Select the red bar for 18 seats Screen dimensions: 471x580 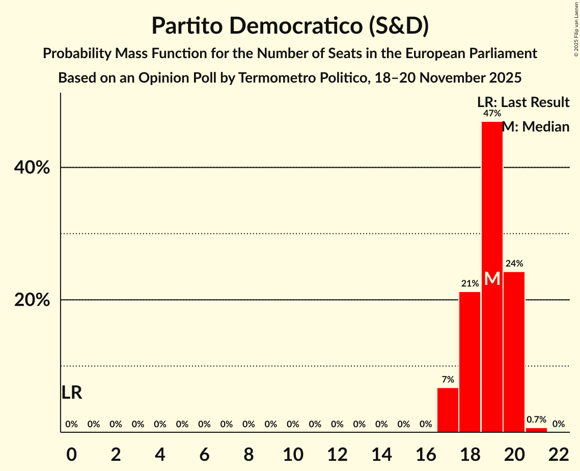click(x=469, y=362)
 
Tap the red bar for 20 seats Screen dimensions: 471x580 click(x=514, y=352)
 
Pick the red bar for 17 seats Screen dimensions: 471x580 click(x=448, y=410)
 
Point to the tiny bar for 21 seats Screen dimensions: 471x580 click(x=536, y=430)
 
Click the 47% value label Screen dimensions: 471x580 click(x=492, y=113)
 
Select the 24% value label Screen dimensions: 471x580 click(x=514, y=264)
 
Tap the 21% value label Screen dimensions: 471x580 click(x=469, y=283)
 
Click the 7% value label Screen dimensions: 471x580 click(x=448, y=379)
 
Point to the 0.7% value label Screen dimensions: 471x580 click(x=536, y=420)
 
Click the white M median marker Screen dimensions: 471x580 click(x=492, y=279)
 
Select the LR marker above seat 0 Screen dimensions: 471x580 click(x=72, y=392)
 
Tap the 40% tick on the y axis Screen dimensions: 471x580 click(x=32, y=168)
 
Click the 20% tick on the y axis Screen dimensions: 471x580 click(x=32, y=300)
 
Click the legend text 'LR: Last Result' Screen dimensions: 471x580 click(x=523, y=102)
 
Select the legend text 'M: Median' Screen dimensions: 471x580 click(x=536, y=127)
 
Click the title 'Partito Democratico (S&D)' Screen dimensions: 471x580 click(x=290, y=26)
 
